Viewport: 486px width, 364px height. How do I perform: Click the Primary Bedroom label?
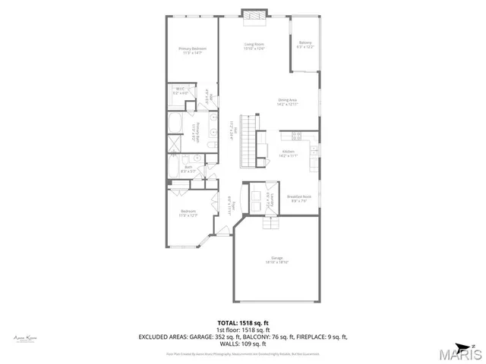coord(193,50)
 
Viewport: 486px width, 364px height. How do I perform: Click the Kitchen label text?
coord(288,153)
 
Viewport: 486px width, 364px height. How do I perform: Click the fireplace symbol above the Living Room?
coord(254,14)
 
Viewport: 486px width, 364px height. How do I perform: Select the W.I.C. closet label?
coord(181,90)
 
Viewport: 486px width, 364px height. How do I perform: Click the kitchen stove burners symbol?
coord(297,136)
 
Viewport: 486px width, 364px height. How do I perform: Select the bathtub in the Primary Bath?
coord(175,124)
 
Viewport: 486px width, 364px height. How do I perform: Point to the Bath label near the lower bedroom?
coord(188,168)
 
